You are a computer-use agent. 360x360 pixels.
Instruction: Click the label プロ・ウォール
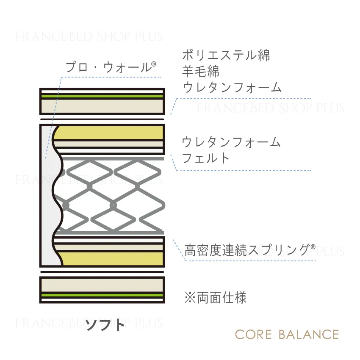click(108, 67)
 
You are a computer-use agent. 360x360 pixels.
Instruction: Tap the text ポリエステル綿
click(226, 55)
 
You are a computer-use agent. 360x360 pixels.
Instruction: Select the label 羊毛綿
click(201, 71)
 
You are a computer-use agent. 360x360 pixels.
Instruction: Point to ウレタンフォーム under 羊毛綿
click(232, 87)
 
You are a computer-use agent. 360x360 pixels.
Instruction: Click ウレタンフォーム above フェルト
click(231, 141)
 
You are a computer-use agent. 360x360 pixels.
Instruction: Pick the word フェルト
click(206, 158)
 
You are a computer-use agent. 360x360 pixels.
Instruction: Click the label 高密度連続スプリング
click(247, 250)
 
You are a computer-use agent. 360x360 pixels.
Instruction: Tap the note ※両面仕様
click(216, 298)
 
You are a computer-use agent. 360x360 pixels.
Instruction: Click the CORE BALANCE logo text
click(287, 335)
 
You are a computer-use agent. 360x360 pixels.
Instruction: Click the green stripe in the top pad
click(102, 96)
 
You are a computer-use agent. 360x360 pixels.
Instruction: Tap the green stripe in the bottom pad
click(102, 295)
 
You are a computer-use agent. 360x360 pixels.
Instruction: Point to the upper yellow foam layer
click(109, 133)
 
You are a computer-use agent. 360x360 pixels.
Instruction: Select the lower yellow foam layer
click(111, 259)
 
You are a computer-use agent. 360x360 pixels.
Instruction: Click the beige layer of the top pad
click(102, 106)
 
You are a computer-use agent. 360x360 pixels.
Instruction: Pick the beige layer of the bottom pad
click(102, 285)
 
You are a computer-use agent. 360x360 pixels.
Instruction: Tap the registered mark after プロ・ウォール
click(154, 64)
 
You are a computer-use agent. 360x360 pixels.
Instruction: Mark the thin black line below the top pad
click(102, 119)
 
